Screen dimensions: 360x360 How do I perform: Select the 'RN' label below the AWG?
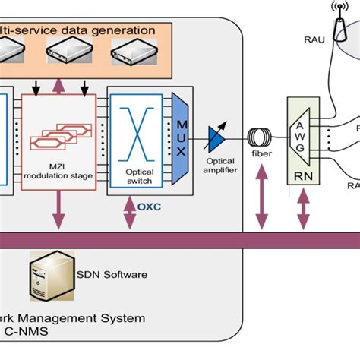tap(298, 180)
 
